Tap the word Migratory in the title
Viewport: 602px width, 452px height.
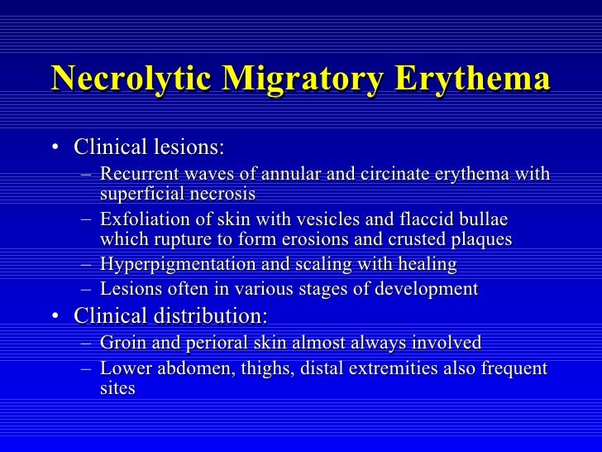[x=296, y=80]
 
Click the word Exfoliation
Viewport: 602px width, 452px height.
[x=141, y=220]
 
